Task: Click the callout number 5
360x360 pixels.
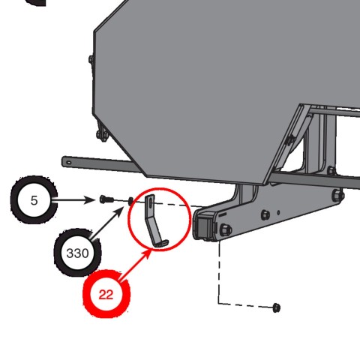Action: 34,200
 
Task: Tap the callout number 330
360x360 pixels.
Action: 77,253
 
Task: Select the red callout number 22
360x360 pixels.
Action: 106,295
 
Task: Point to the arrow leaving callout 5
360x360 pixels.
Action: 73,200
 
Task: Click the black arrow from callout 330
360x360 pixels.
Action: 107,223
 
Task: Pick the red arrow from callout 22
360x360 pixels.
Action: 135,266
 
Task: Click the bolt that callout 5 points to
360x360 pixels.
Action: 106,199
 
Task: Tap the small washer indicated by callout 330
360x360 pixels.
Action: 130,201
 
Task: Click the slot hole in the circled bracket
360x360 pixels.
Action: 150,202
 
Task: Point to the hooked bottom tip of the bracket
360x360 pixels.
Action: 163,244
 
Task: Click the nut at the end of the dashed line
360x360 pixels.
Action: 276,307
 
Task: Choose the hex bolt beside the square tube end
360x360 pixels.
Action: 225,229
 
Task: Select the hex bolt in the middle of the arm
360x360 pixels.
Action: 265,214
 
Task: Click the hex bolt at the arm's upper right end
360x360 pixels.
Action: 337,195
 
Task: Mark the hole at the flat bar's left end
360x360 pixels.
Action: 68,163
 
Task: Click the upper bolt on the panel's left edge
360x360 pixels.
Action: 91,60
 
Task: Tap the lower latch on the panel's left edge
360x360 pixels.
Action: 102,134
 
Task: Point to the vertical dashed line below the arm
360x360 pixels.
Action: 220,272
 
